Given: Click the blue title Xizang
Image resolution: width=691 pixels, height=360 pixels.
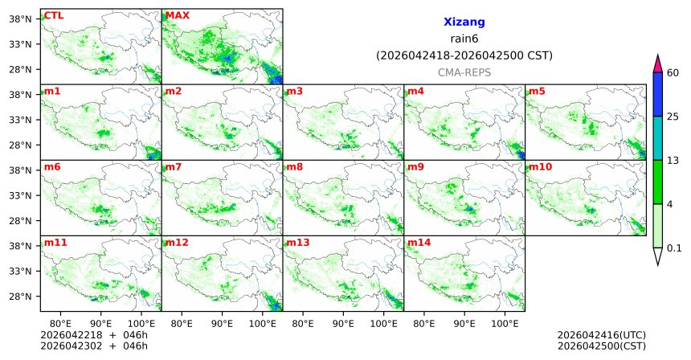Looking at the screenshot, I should [x=464, y=22].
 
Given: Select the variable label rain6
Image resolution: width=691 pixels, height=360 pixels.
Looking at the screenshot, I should [x=464, y=39].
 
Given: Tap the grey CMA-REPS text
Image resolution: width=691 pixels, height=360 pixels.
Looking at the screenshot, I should [x=464, y=72].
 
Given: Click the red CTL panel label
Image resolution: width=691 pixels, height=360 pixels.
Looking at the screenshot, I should [x=53, y=15].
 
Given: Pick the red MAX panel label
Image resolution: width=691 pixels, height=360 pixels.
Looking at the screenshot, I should [x=178, y=15].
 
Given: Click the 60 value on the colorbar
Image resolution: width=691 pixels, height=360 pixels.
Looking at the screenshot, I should [x=673, y=73].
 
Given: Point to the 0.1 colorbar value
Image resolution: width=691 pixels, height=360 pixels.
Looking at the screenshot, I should [x=674, y=247].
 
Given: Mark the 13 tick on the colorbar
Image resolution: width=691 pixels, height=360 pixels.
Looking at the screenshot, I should [x=673, y=160].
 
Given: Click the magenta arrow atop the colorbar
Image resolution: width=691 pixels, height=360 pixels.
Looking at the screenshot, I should [x=658, y=63].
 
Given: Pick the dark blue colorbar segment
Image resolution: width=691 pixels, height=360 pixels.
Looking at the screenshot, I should [x=658, y=94].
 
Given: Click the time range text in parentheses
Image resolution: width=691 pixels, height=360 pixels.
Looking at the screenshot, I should [x=464, y=55].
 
